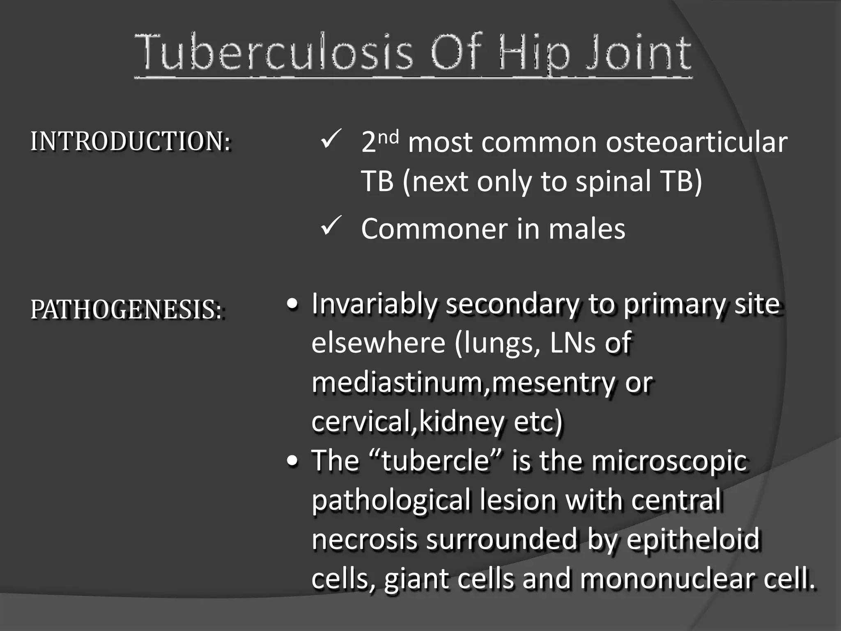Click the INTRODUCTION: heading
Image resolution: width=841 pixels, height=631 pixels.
pyautogui.click(x=130, y=141)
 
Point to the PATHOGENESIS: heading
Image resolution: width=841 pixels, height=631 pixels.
pyautogui.click(x=126, y=309)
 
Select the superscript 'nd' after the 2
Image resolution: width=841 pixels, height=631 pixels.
pyautogui.click(x=388, y=136)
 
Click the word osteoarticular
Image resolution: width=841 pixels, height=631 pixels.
pyautogui.click(x=696, y=142)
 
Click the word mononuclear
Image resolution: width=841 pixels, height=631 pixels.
pyautogui.click(x=667, y=578)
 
